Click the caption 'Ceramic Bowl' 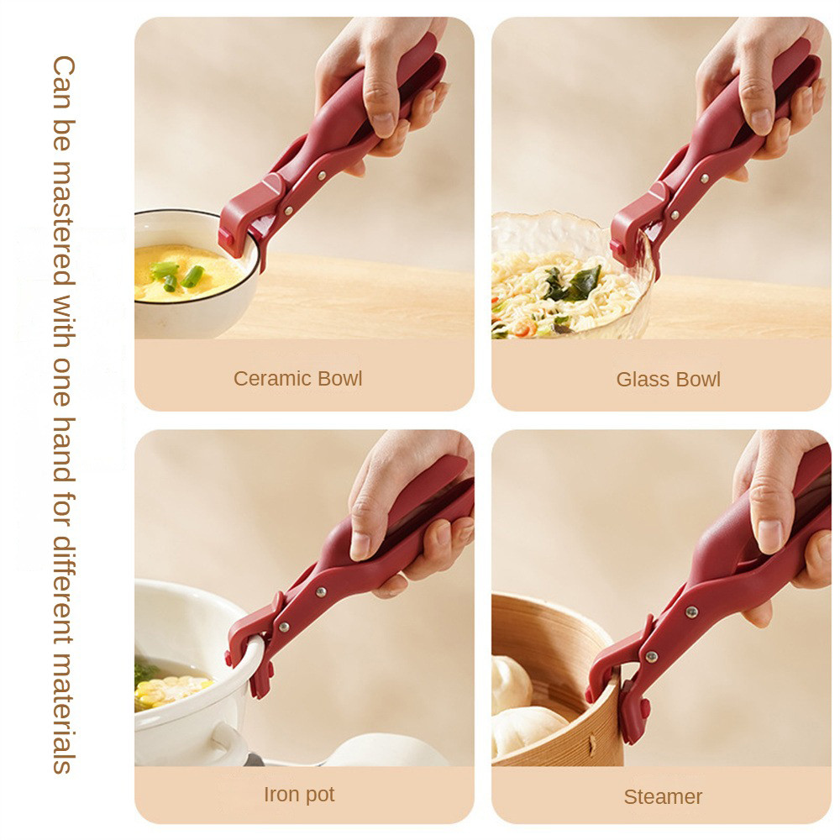coord(298,379)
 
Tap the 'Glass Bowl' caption coord(668,380)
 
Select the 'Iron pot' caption coord(299,795)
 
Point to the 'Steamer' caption coord(663,796)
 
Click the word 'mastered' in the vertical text coord(64,223)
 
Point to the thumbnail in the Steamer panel coord(770,536)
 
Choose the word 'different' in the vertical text coord(64,586)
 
